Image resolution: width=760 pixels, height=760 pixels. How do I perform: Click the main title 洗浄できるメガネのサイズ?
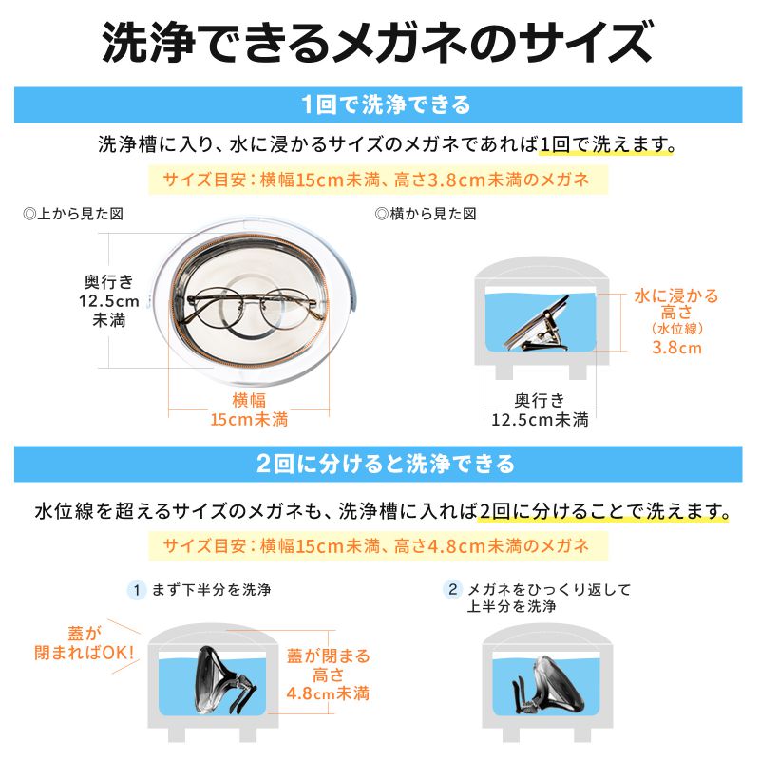point(380,43)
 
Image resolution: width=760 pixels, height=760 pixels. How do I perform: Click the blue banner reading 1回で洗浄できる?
point(380,104)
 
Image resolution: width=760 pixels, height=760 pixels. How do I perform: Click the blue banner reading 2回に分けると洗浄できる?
point(380,464)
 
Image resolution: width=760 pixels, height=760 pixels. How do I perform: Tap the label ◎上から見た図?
point(74,215)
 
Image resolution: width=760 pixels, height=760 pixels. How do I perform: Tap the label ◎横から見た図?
point(427,215)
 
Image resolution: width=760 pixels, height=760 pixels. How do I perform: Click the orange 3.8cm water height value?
point(677,348)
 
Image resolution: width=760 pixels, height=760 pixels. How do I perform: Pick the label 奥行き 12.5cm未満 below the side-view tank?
point(540,409)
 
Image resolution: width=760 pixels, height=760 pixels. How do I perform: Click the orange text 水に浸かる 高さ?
point(677,304)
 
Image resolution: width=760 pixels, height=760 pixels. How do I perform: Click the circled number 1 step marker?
point(137,590)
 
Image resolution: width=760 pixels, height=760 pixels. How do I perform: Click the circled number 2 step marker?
point(453,590)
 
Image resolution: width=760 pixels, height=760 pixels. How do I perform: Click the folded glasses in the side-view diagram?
point(538,327)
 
